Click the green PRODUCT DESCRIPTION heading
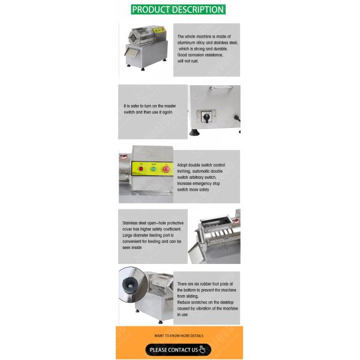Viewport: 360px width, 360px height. tap(178, 10)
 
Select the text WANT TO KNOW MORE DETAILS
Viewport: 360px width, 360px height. tap(179, 335)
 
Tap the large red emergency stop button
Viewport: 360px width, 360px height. tap(166, 169)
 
